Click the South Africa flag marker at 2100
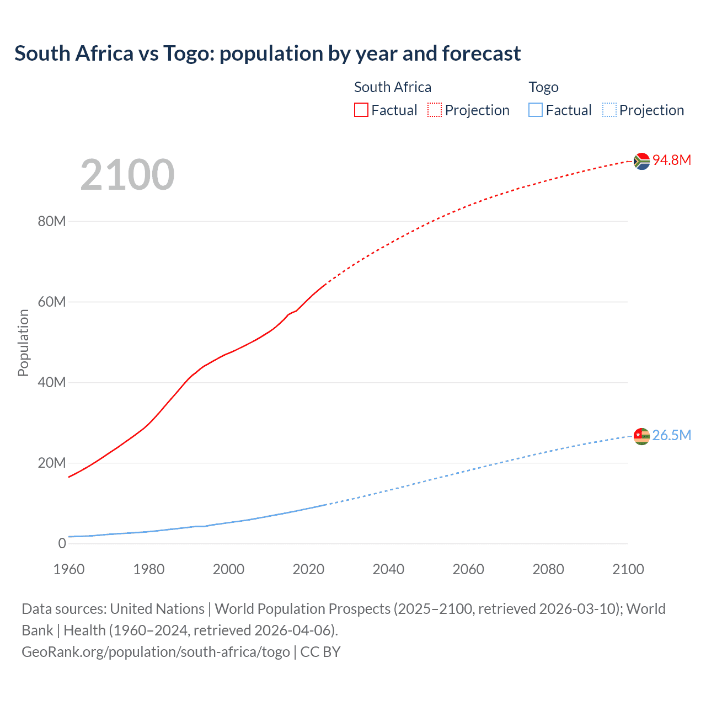pos(641,161)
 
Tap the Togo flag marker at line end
pos(641,436)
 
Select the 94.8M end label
pos(672,160)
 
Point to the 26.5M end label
pos(672,435)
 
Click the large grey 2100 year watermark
pos(127,175)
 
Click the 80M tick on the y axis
pos(52,221)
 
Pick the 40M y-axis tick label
pos(52,382)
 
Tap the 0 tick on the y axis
pos(62,543)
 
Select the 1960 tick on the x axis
pos(69,569)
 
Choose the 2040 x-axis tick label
pos(388,569)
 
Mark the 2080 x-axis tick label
pos(548,569)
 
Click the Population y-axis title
pos(23,343)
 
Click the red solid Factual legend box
pos(361,110)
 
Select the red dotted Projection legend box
pos(435,110)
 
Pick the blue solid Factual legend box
pos(536,110)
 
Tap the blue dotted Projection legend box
pos(609,110)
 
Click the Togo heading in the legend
pos(543,87)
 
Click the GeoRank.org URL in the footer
pos(156,652)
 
